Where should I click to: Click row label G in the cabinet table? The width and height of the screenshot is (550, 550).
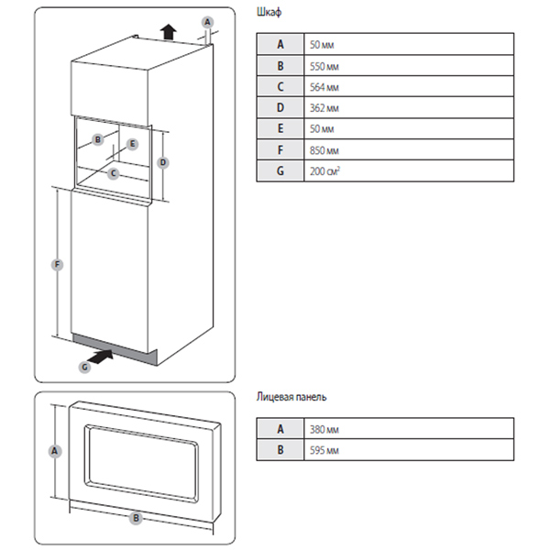(280, 170)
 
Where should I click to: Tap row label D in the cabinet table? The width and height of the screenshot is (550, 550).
(280, 106)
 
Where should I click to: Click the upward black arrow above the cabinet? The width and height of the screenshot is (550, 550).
(167, 32)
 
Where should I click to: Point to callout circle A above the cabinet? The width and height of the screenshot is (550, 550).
(207, 22)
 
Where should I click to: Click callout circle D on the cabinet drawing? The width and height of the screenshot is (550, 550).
(162, 162)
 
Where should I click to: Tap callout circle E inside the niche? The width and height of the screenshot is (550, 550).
(133, 144)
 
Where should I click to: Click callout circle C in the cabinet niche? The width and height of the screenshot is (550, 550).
(113, 172)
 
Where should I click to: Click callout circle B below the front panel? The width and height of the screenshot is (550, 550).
(137, 518)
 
